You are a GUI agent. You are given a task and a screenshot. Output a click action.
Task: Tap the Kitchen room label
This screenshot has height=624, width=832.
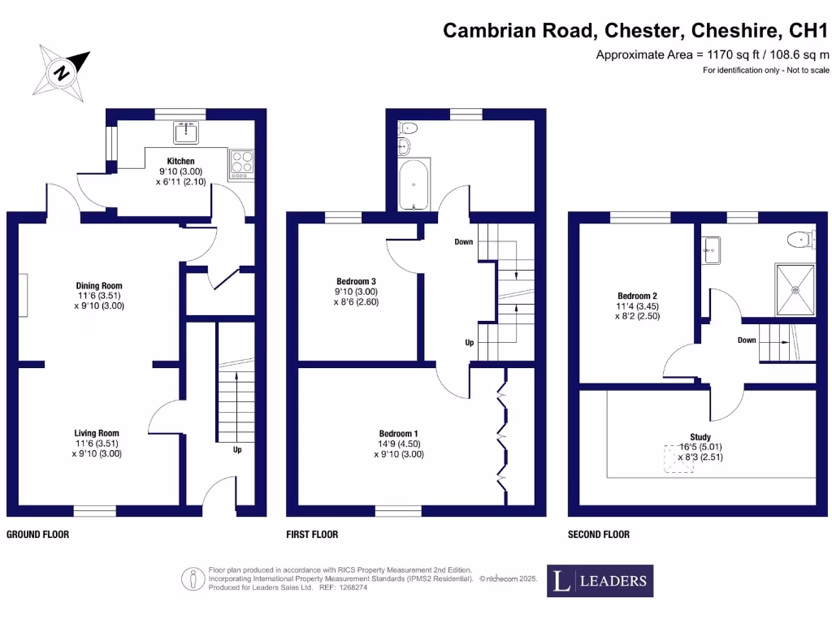click(180, 161)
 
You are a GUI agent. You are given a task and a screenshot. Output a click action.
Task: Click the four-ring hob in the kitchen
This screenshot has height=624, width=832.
click(241, 162)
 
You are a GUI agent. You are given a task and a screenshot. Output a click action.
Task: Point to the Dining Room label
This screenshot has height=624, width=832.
click(99, 286)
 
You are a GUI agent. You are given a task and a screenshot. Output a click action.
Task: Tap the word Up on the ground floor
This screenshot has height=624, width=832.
click(237, 449)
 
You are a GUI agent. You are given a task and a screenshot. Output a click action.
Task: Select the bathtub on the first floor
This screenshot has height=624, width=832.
click(414, 184)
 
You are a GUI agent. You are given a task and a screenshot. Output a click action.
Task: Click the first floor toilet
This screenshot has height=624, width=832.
click(408, 128)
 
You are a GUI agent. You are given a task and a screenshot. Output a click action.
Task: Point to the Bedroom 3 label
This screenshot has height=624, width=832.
click(356, 281)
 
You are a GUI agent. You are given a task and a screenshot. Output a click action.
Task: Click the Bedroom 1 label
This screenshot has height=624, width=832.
click(398, 434)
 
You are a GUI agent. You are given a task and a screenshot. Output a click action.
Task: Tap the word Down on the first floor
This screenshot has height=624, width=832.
click(464, 242)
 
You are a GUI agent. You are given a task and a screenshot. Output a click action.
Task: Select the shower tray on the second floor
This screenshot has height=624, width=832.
click(793, 289)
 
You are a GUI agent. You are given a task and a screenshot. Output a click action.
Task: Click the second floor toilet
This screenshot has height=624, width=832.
click(801, 239)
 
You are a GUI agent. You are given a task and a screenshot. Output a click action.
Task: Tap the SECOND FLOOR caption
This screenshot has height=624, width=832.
click(598, 535)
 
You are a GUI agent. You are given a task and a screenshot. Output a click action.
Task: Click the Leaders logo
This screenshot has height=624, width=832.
click(600, 580)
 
